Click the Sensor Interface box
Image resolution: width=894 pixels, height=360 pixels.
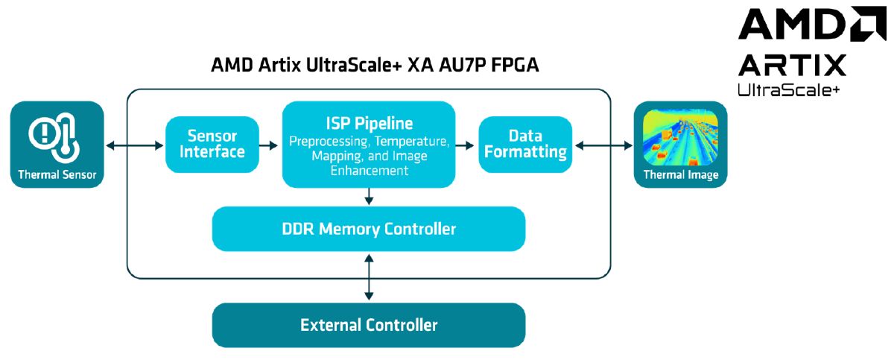[x=212, y=145]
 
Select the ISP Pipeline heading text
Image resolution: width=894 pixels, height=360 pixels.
[x=368, y=122]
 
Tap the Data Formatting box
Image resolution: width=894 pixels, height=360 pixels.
[x=525, y=145]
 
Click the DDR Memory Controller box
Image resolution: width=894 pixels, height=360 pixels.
[x=369, y=229]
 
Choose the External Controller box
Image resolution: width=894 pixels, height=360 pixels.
[x=369, y=325]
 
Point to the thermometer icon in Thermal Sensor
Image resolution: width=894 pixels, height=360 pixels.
[x=57, y=136]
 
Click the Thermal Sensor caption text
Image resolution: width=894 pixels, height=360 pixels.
[x=57, y=175]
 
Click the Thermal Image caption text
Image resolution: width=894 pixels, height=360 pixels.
[x=680, y=175]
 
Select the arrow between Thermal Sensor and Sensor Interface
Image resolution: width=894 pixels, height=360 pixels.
[x=134, y=145]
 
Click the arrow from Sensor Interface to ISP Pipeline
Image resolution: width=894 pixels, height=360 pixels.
[x=270, y=145]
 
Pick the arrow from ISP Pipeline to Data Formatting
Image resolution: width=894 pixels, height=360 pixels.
[x=466, y=145]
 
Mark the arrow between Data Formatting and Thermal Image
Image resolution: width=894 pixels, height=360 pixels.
[x=602, y=145]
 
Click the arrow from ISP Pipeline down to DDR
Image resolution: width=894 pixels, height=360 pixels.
[x=369, y=197]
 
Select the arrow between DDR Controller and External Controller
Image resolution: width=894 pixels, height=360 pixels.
[x=369, y=277]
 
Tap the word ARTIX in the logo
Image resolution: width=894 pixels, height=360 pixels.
[x=792, y=66]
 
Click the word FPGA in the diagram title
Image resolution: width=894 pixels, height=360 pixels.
[x=513, y=66]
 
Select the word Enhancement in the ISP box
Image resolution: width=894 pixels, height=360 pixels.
[x=370, y=171]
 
